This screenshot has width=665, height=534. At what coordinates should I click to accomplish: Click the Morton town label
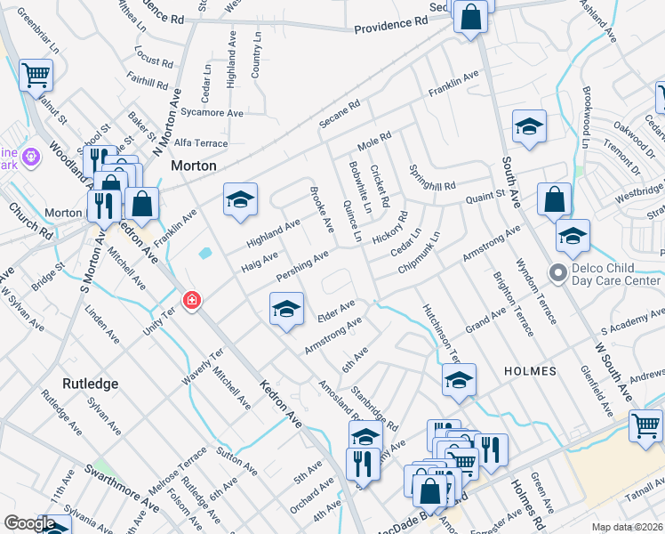coord(194,166)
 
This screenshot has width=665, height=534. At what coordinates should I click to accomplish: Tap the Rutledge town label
coord(90,384)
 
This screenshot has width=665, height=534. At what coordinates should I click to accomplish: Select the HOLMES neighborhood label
coord(530,370)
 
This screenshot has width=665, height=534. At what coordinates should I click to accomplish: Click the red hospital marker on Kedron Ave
coord(190,302)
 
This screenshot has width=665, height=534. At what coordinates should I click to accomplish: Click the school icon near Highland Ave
coord(240,200)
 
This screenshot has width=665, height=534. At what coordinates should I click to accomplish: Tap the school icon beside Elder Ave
coord(286,310)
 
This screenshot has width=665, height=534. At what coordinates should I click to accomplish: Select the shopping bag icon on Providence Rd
coord(471,16)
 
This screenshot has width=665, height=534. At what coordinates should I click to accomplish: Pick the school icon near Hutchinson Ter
coord(459,380)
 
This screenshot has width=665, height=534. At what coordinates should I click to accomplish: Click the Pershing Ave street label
coord(302,263)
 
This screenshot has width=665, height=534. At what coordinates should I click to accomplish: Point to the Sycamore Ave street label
coord(211,114)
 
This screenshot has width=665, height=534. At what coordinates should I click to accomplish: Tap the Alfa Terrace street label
coord(200,143)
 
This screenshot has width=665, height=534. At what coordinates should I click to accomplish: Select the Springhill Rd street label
coord(431,180)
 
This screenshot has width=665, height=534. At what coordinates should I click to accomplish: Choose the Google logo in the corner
coord(29,523)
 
